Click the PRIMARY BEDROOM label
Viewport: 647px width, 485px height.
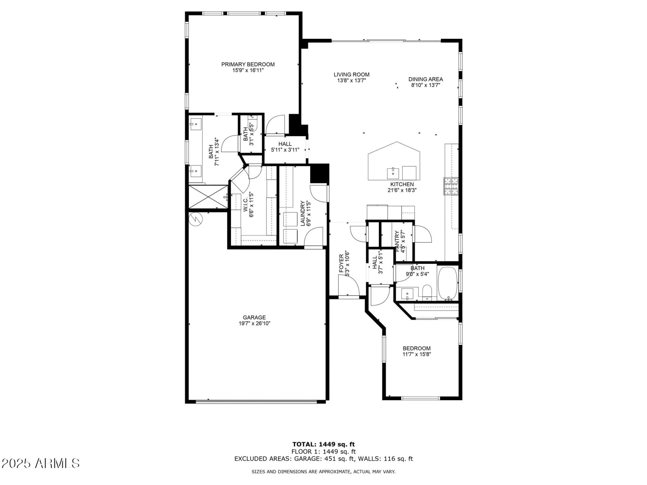pos(248,64)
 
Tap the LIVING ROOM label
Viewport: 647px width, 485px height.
pos(351,74)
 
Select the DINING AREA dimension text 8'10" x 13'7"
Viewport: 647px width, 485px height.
pos(425,85)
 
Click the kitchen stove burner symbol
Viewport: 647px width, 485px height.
pos(451,186)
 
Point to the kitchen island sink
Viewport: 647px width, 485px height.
pos(393,173)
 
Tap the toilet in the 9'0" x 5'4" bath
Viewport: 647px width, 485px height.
pos(427,292)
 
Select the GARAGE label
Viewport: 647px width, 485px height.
pos(254,318)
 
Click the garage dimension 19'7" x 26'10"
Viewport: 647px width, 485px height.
pos(254,323)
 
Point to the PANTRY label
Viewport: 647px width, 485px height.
pos(397,241)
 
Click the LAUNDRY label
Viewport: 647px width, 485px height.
pos(303,213)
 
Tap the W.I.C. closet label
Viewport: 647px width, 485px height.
pos(246,205)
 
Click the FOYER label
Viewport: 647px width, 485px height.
pos(342,263)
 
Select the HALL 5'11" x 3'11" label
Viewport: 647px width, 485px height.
pos(285,144)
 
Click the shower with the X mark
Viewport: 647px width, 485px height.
pos(208,197)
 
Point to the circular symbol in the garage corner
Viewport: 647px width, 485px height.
pos(195,220)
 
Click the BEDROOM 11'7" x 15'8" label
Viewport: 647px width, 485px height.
pos(416,348)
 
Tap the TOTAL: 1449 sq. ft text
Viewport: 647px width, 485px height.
pos(323,444)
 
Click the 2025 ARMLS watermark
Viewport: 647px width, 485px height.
pos(40,463)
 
